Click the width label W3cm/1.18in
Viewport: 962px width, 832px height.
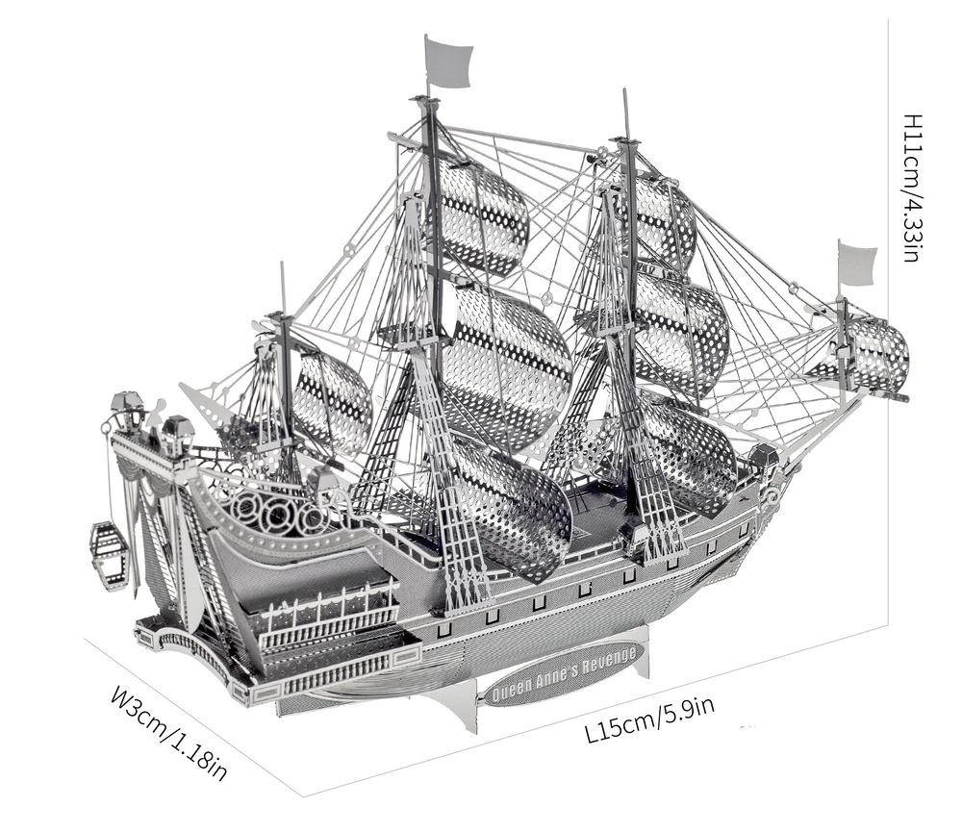point(170,732)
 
